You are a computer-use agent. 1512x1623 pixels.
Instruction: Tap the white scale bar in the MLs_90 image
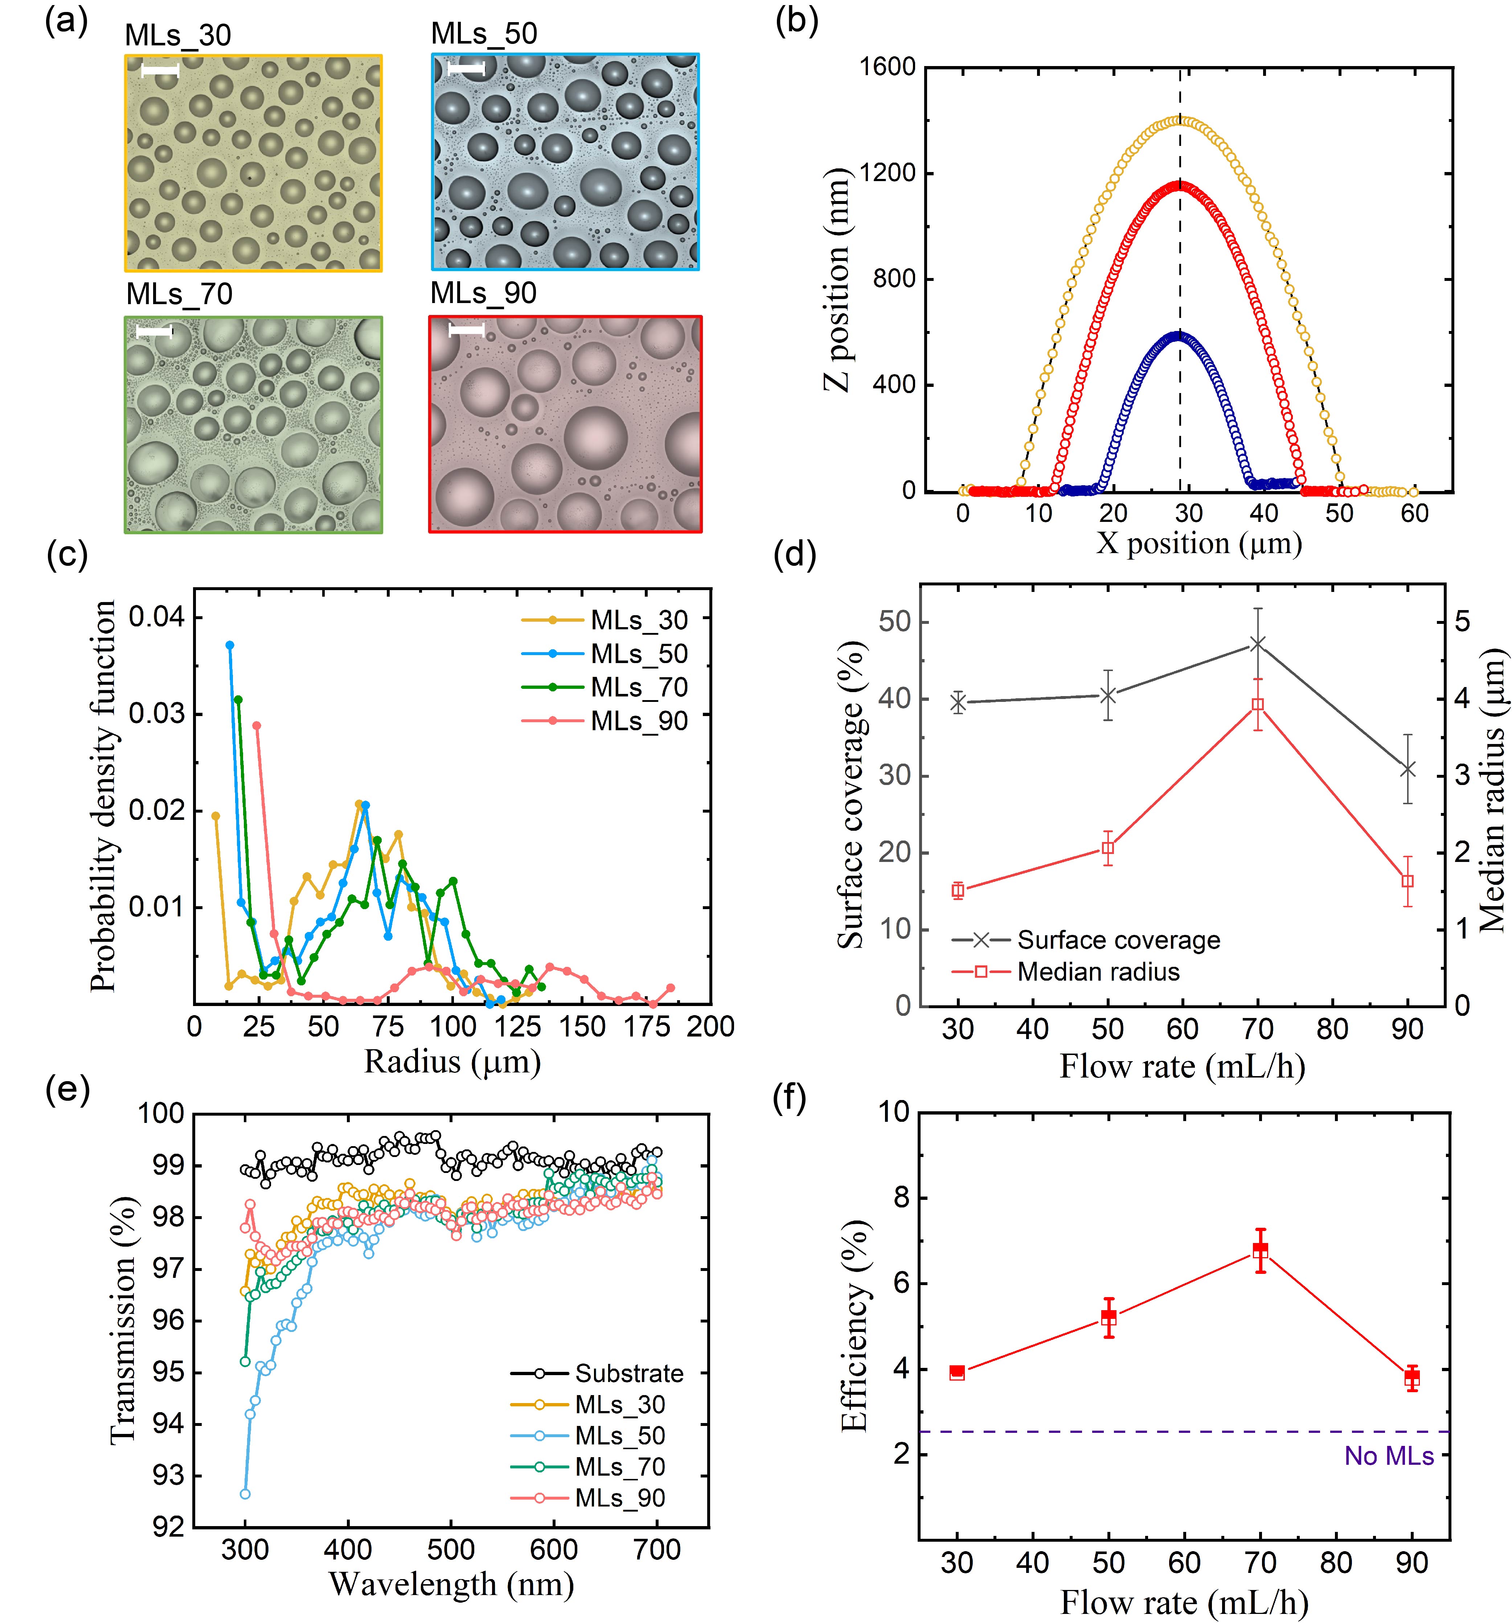point(466,330)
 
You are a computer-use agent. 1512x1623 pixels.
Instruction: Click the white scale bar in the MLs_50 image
point(466,69)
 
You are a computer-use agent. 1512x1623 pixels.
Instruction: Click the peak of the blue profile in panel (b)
point(1178,335)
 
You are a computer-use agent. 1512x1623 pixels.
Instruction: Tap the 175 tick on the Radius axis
point(647,1027)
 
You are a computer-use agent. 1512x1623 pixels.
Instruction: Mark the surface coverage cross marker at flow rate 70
point(1257,644)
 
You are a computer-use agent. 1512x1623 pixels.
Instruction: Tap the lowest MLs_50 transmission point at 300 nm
point(245,1494)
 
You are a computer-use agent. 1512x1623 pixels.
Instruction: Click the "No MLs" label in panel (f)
point(1389,1456)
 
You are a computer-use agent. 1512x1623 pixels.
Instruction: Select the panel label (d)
point(794,555)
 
